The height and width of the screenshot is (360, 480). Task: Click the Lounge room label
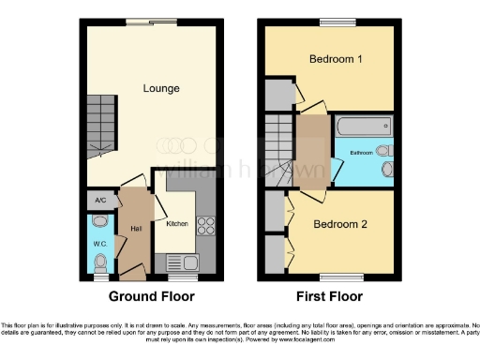coord(160,89)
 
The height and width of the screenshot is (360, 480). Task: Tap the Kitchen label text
coord(177,224)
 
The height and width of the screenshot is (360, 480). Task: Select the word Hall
coord(136,228)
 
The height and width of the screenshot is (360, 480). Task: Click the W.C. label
coord(100,246)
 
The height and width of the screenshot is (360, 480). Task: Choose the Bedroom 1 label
coord(336,59)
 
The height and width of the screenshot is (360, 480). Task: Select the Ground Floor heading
coord(152,296)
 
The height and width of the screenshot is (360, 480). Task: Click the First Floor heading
coord(328,296)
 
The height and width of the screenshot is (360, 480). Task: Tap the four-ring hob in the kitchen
coord(205,226)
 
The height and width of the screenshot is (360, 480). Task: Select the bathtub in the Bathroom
coord(362,125)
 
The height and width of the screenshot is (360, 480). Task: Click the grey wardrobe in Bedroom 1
coord(278,94)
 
